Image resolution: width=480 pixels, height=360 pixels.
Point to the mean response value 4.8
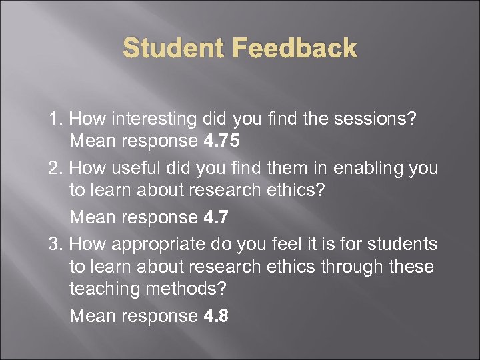point(215,315)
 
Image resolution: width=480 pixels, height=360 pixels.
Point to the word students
point(405,245)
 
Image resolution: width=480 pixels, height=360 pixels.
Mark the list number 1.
point(54,119)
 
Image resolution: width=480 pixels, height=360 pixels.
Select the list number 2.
point(54,169)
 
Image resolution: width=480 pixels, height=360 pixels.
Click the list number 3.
point(54,245)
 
